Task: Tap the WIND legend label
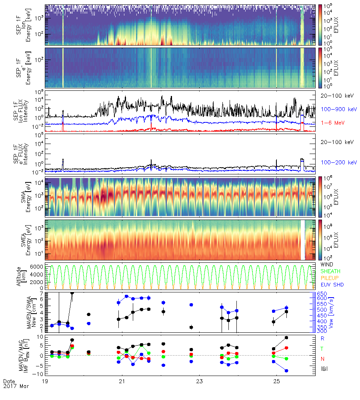pyautogui.click(x=328, y=265)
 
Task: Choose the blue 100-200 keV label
pyautogui.click(x=334, y=162)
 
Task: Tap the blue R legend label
pyautogui.click(x=322, y=338)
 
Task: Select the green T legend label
pyautogui.click(x=322, y=348)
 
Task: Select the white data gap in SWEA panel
pyautogui.click(x=303, y=240)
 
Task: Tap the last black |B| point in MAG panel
pyautogui.click(x=286, y=338)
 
